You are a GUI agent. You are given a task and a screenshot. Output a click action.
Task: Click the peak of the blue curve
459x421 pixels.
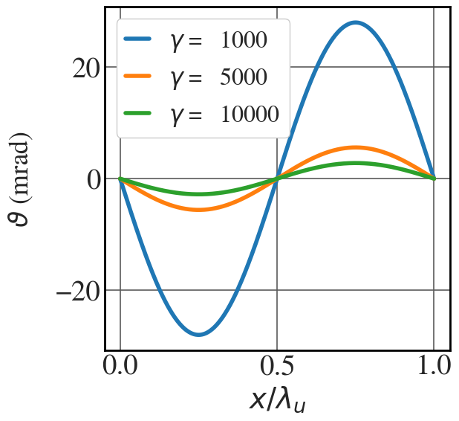click(356, 22)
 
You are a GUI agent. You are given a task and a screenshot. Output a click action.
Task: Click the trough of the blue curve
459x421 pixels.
click(199, 335)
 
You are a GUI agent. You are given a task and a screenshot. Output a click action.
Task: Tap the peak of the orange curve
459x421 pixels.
click(356, 147)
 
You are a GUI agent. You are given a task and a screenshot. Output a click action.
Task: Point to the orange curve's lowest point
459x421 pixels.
click(199, 210)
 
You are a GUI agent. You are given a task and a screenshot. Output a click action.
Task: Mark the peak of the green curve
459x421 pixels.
click(356, 163)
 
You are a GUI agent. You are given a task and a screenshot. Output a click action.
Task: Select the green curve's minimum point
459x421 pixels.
click(199, 194)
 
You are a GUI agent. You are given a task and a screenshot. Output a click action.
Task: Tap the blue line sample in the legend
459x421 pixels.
click(140, 42)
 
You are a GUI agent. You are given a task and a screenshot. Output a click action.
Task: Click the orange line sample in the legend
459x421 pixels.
click(140, 77)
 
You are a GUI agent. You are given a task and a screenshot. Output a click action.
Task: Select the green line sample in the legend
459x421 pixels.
click(140, 114)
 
